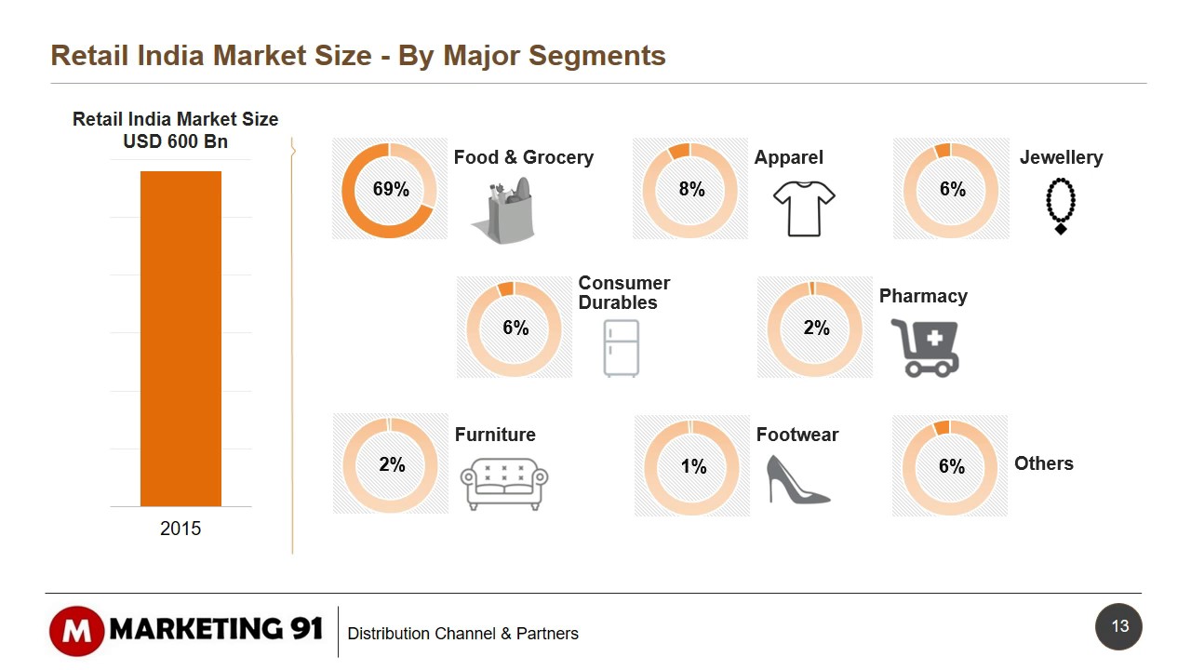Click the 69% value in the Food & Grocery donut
pos(391,189)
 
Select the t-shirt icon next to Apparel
pos(804,208)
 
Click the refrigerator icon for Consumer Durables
pos(621,348)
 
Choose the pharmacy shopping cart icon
pos(924,347)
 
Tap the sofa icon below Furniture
pos(504,483)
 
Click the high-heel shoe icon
pos(796,479)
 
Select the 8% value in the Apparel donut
pos(691,189)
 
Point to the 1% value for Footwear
pos(693,466)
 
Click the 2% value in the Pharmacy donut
pos(816,328)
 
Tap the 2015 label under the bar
pos(181,529)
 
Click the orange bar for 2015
pos(181,338)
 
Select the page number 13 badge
pos(1119,626)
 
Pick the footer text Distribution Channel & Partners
pos(462,634)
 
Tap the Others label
pos(1043,463)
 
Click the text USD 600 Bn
pos(175,141)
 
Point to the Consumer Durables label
pos(623,292)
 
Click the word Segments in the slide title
pos(596,56)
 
